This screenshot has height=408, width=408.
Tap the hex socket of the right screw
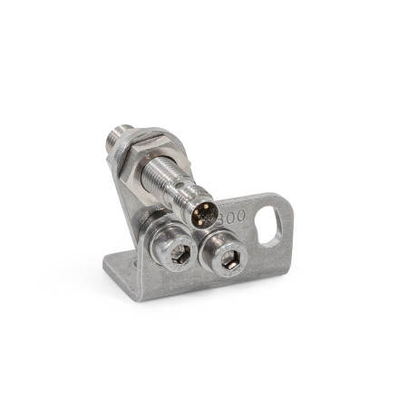228,260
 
